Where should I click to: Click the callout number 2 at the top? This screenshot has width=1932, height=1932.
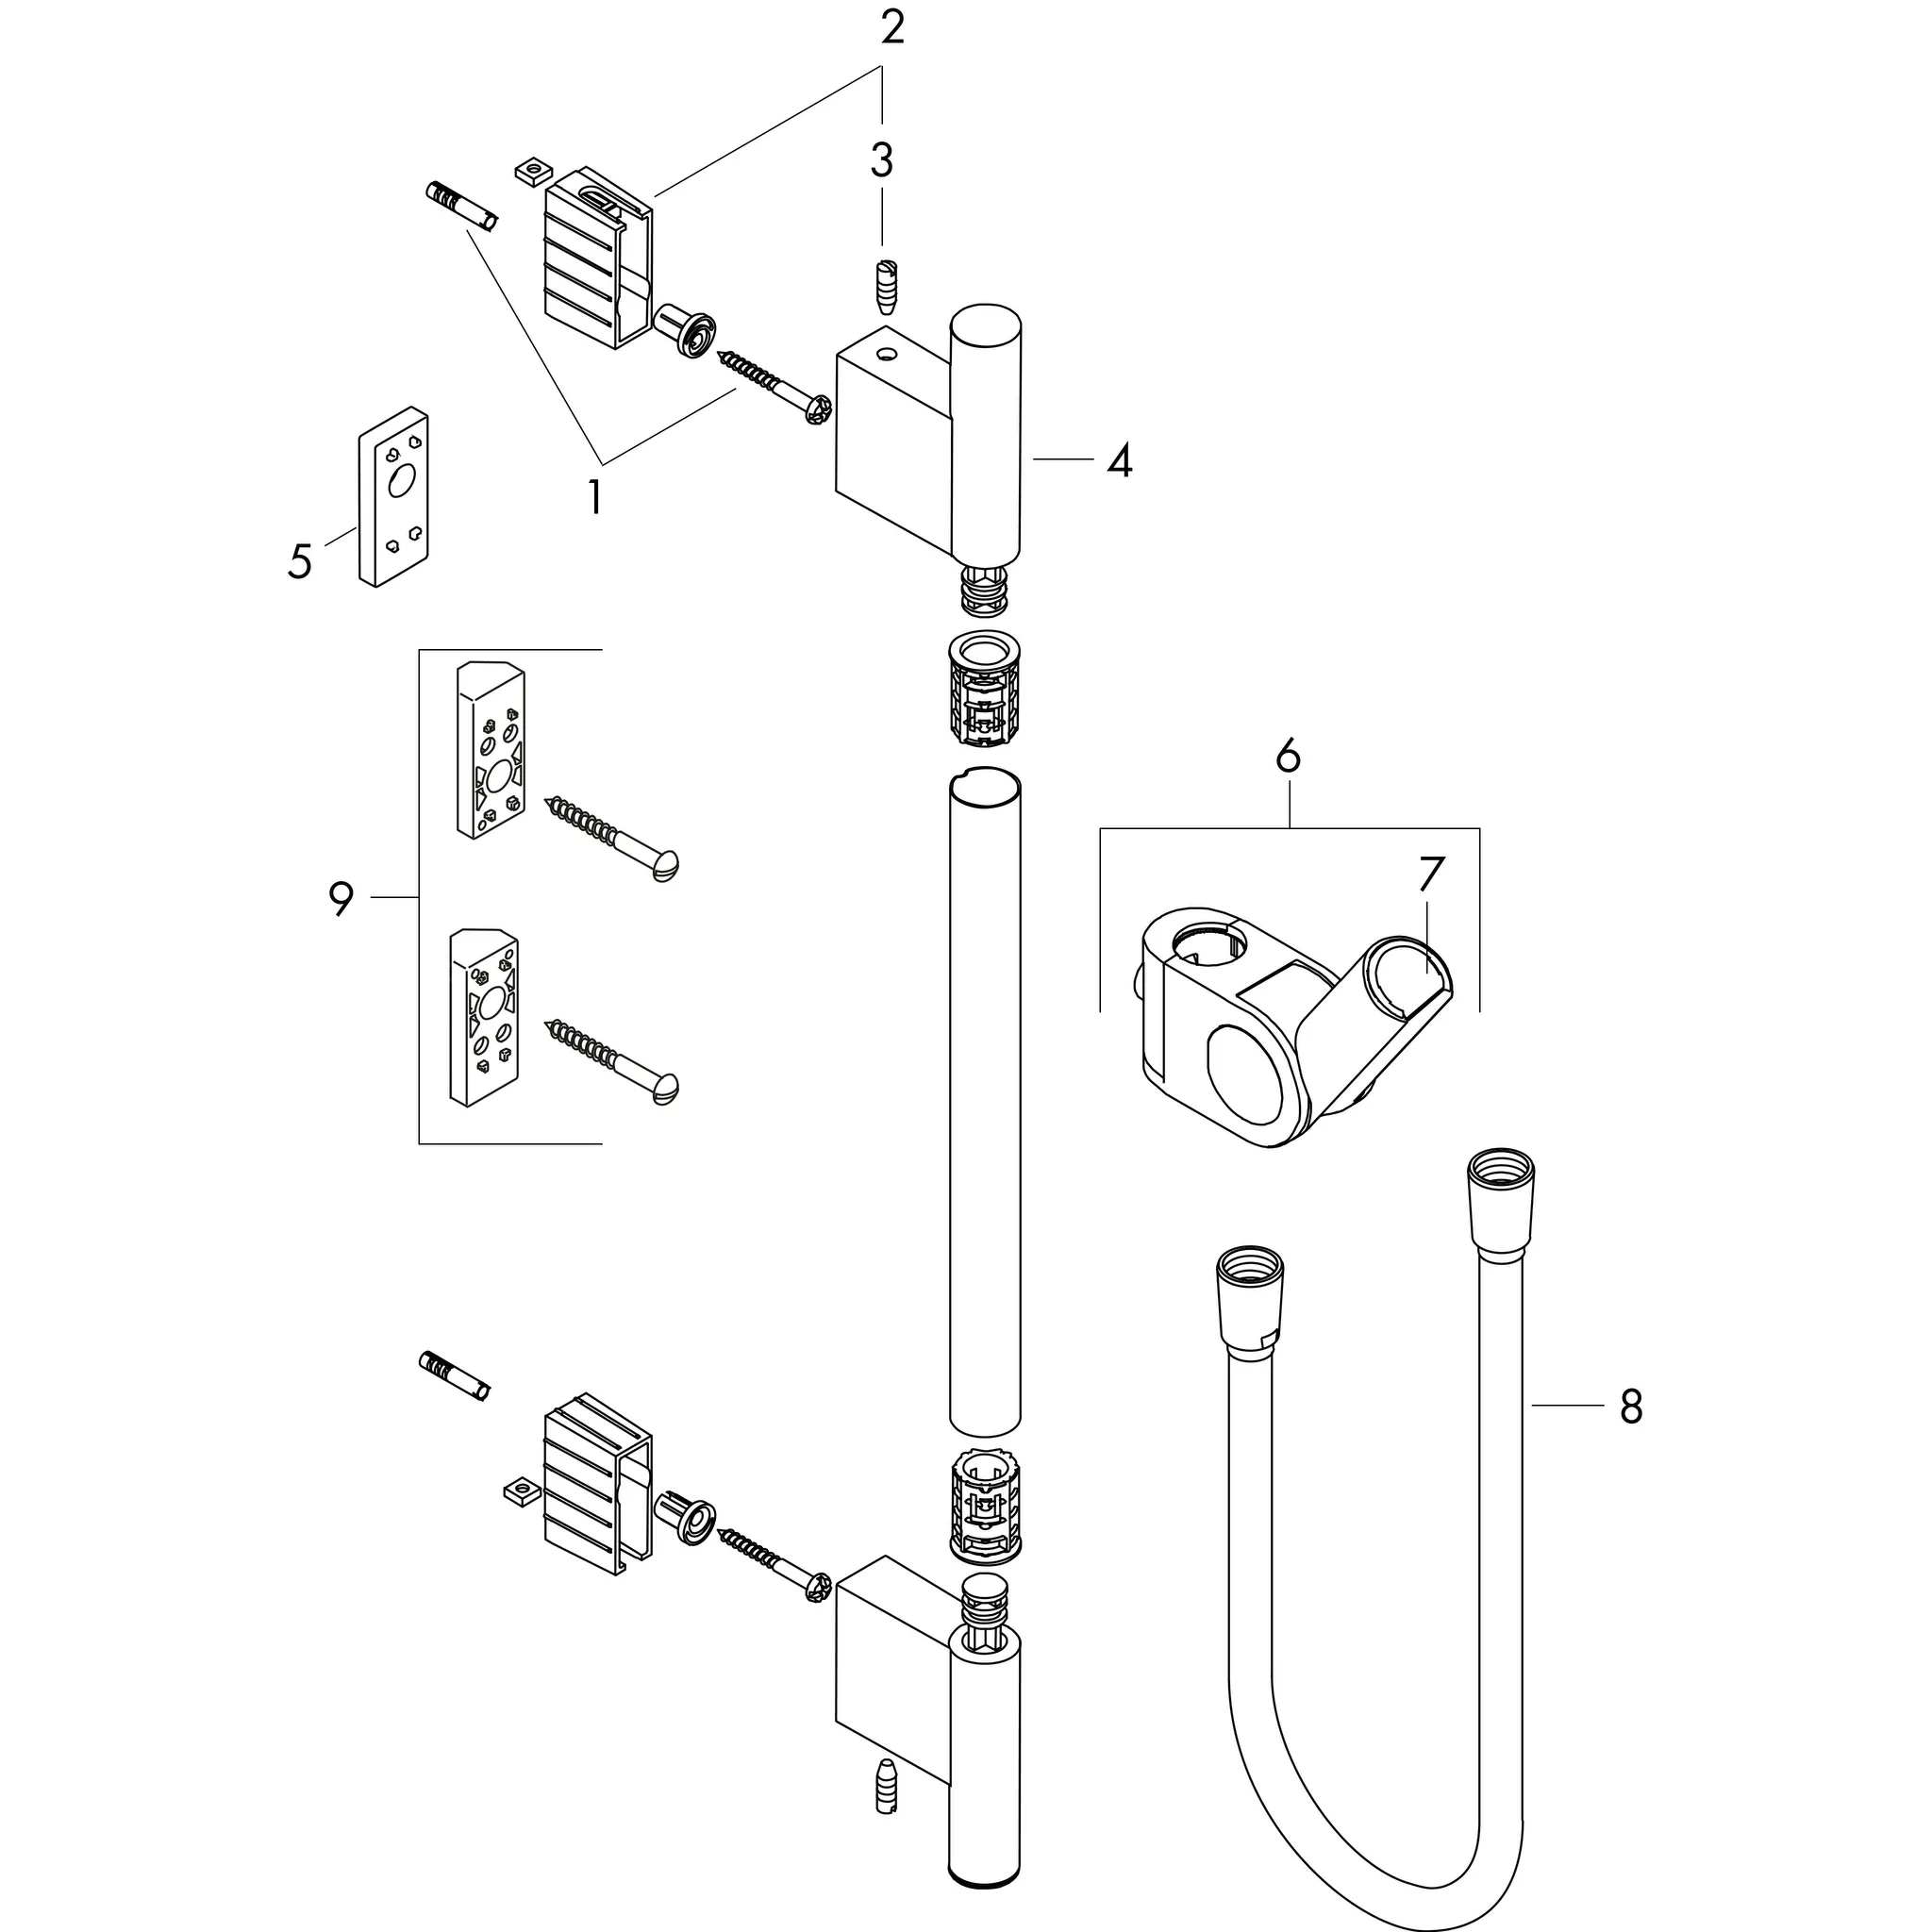(x=892, y=28)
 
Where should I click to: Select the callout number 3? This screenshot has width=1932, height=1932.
(x=881, y=160)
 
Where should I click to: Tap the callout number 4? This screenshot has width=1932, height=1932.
(x=1119, y=461)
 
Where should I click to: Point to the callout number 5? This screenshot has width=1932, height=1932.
(x=299, y=561)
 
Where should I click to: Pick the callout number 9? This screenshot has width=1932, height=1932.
(x=341, y=899)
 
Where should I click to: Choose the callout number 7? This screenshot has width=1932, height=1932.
(x=1431, y=874)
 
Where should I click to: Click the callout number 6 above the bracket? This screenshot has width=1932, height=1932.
(x=1288, y=756)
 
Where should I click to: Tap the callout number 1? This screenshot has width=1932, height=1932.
(x=595, y=497)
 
